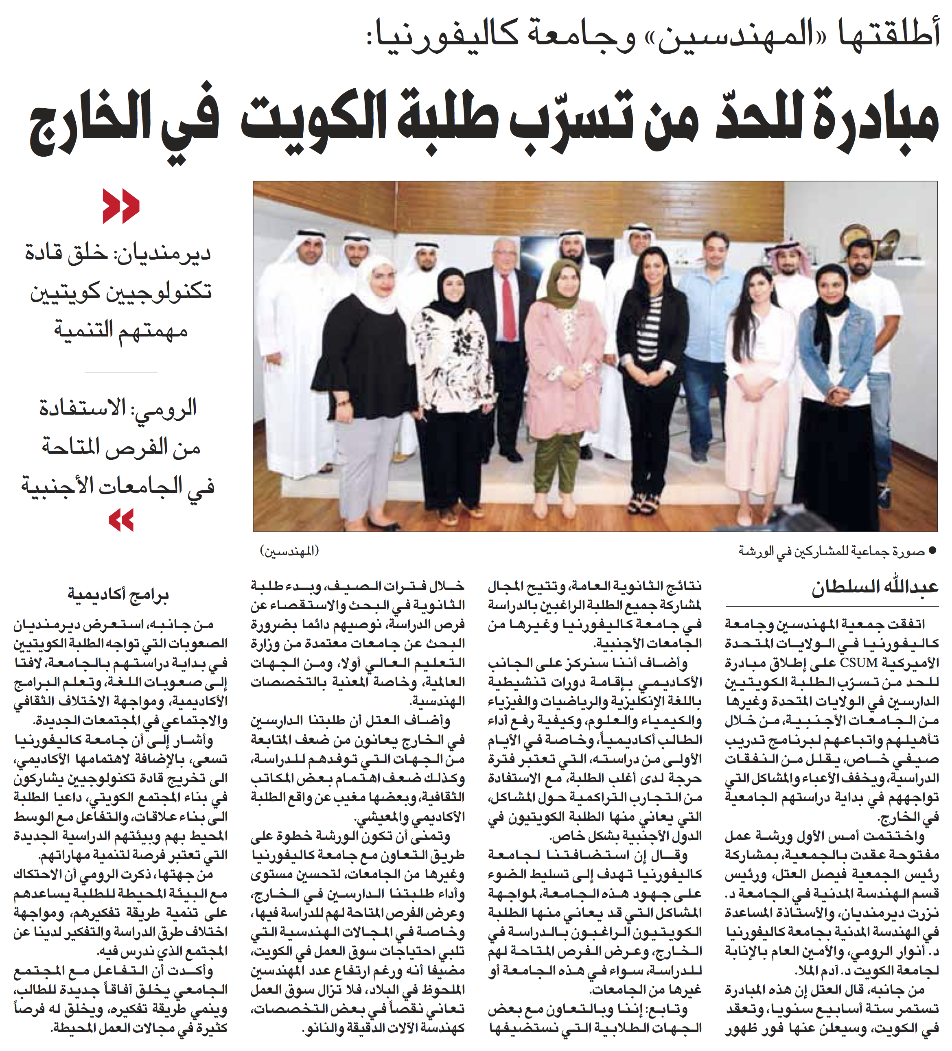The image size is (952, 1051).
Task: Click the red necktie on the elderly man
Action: pyautogui.click(x=508, y=308)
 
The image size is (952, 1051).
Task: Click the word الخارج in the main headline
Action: pyautogui.click(x=83, y=125)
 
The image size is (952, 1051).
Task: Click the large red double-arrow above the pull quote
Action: pyautogui.click(x=121, y=206)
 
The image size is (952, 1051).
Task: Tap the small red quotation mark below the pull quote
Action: pyautogui.click(x=121, y=520)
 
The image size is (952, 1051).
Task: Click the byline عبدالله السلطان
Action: pyautogui.click(x=874, y=587)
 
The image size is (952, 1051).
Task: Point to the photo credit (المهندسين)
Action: pyautogui.click(x=289, y=551)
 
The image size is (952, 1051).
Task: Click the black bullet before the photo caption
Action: pyautogui.click(x=933, y=551)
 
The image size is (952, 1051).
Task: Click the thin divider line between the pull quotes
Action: pyautogui.click(x=121, y=373)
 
